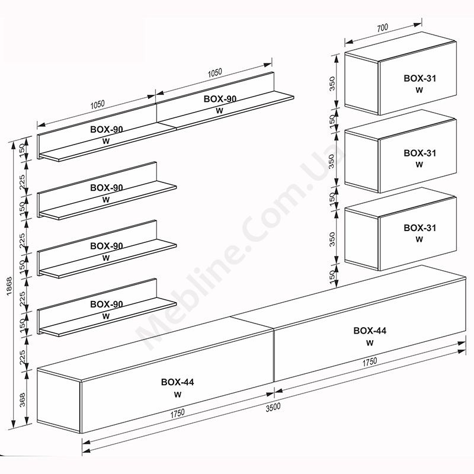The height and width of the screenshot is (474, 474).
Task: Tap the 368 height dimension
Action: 23,399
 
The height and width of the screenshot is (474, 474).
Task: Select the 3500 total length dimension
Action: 273,407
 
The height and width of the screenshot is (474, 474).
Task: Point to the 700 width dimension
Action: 382,27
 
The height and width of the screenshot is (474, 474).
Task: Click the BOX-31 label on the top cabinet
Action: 420,78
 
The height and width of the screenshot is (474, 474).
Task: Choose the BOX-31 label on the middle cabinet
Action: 420,153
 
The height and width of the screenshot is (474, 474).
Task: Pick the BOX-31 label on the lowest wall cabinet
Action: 420,228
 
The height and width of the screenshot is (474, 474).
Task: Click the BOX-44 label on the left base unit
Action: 177,382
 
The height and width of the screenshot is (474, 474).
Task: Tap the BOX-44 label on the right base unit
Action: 370,331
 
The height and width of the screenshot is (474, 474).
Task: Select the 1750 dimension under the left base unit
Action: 177,413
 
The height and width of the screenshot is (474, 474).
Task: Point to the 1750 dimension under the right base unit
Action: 370,362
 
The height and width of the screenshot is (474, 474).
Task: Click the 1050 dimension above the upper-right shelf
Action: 215,73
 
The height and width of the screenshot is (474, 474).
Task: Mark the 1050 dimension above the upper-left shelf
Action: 97,104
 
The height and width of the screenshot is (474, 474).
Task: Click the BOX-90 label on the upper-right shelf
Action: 220,99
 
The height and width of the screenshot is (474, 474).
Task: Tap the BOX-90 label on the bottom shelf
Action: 107,304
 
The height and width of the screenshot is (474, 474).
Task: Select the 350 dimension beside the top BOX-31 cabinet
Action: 332,84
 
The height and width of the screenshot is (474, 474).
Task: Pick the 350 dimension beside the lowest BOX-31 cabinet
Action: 332,239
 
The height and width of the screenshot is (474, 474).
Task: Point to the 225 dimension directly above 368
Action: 23,357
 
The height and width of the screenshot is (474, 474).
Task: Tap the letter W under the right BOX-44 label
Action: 370,343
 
